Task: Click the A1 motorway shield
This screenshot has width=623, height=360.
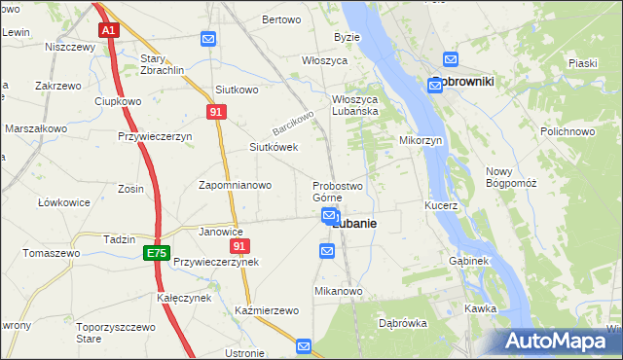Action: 108,30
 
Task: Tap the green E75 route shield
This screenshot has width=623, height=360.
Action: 156,253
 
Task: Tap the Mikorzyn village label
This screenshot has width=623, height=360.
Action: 421,140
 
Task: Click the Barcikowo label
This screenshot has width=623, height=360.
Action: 294,123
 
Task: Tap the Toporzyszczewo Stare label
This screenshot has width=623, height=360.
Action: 117,335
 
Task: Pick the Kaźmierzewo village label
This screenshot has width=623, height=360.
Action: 266,310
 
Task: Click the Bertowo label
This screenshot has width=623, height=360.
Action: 281,19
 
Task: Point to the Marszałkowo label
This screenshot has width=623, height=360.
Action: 36,128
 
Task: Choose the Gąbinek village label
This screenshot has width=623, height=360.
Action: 468,262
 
